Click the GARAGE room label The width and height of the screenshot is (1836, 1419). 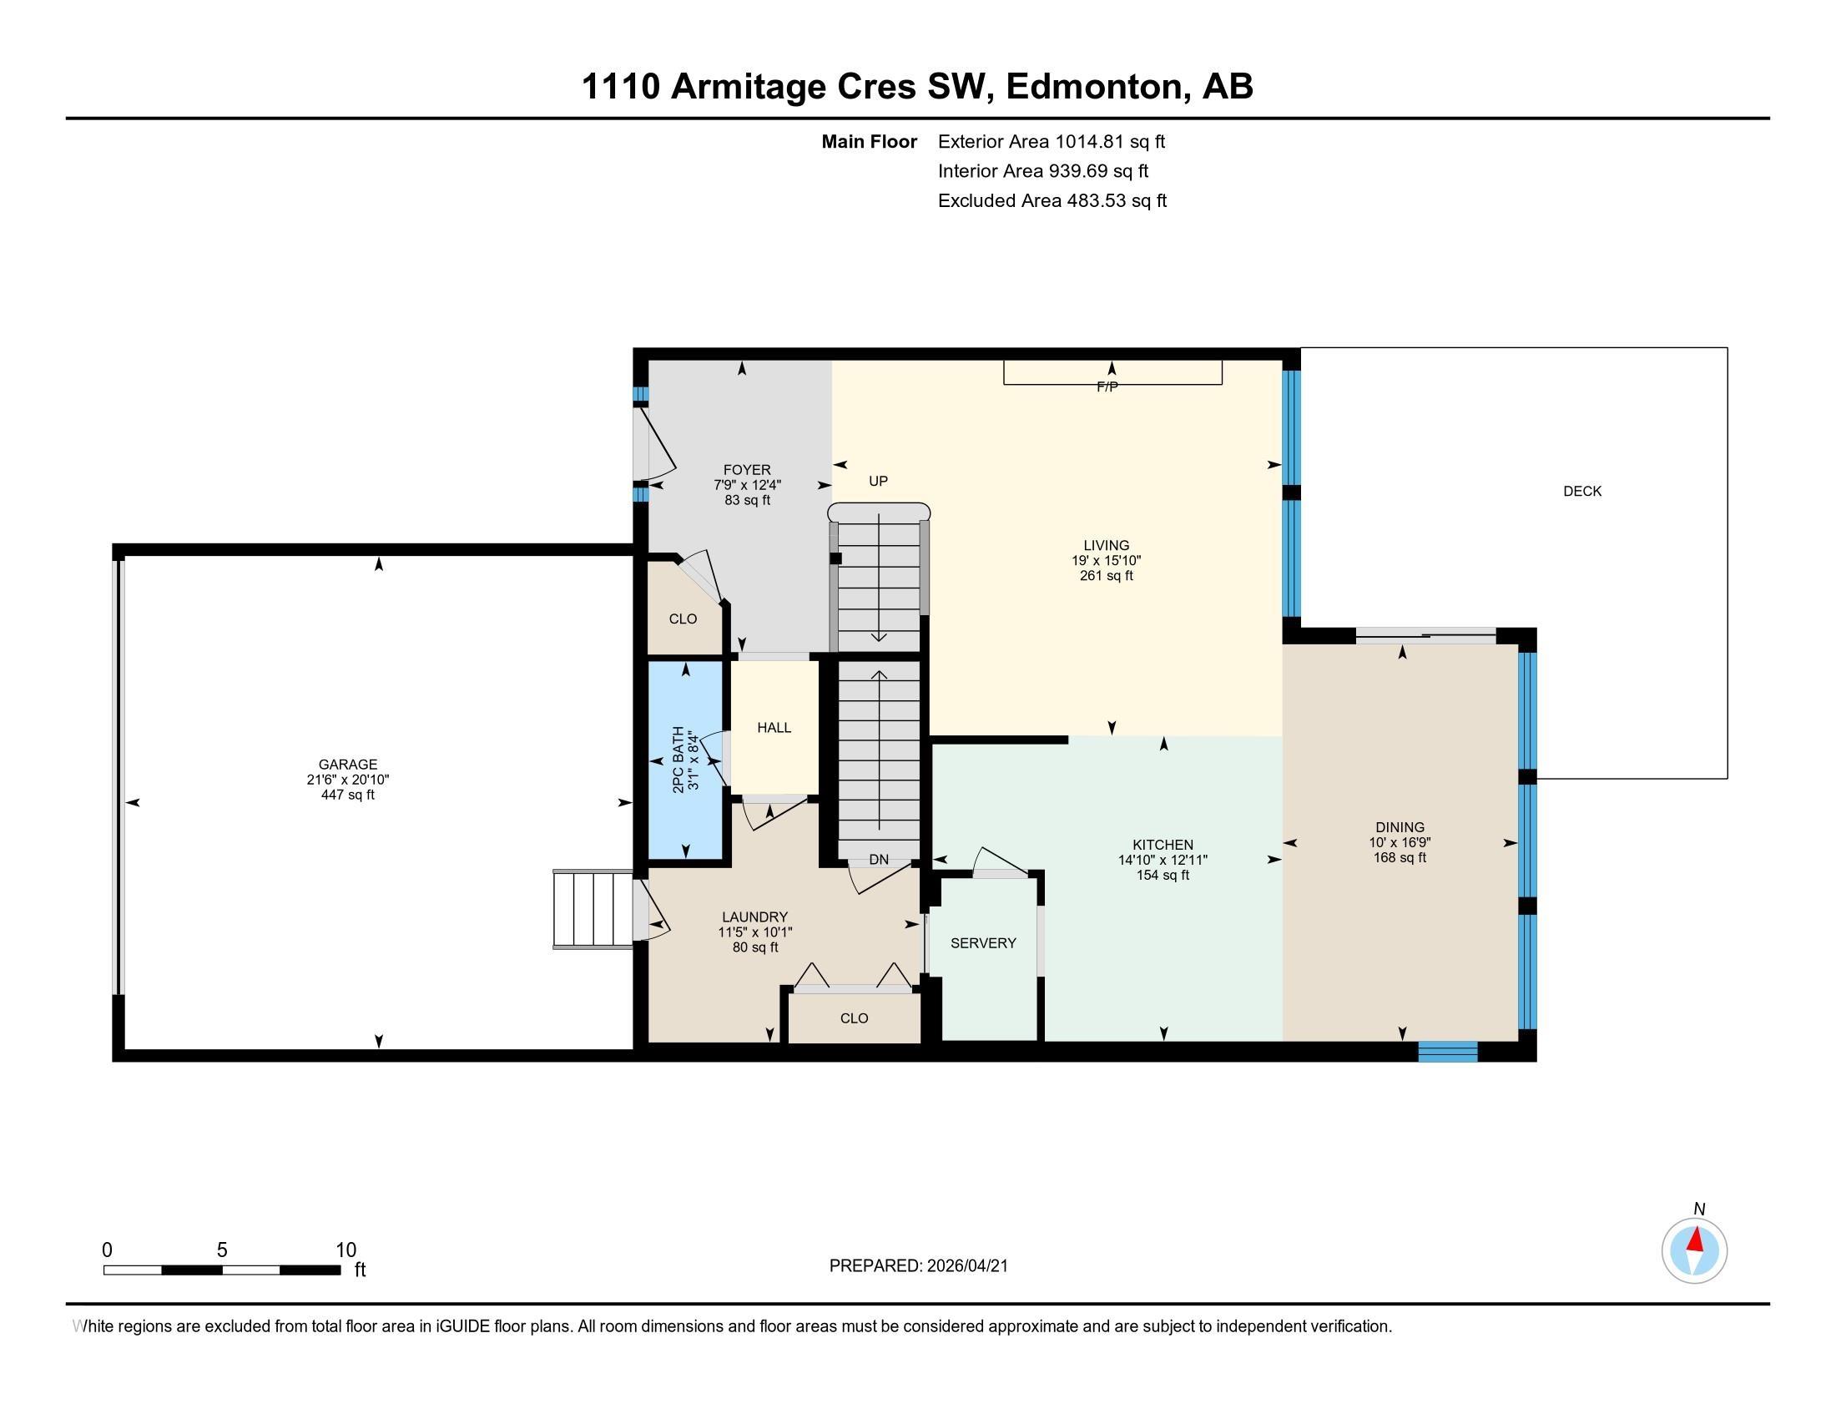pos(347,764)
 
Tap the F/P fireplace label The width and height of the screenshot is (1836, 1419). pos(1107,387)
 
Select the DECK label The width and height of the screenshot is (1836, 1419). pos(1581,492)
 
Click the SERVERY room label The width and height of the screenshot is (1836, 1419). pos(983,943)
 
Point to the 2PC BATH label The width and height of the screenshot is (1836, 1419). pos(678,760)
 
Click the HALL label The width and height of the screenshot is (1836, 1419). pos(774,728)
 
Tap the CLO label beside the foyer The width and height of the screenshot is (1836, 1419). pos(683,619)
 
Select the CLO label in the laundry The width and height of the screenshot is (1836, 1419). pos(853,1018)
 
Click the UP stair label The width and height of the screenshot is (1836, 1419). pos(878,482)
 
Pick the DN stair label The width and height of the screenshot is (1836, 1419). pos(879,859)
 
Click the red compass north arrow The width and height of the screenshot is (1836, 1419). pos(1696,1240)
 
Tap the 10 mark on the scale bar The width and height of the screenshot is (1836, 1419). pos(346,1250)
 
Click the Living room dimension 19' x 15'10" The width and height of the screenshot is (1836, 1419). pos(1106,561)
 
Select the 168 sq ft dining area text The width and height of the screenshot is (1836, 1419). pos(1400,857)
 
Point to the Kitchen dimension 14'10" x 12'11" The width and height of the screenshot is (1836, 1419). pos(1162,860)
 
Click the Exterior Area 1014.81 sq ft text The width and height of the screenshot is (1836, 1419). pos(1051,142)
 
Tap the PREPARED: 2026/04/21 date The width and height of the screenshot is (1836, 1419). pos(918,1266)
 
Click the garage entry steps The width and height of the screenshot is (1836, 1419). pos(592,910)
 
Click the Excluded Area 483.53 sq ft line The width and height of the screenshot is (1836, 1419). pos(1052,201)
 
